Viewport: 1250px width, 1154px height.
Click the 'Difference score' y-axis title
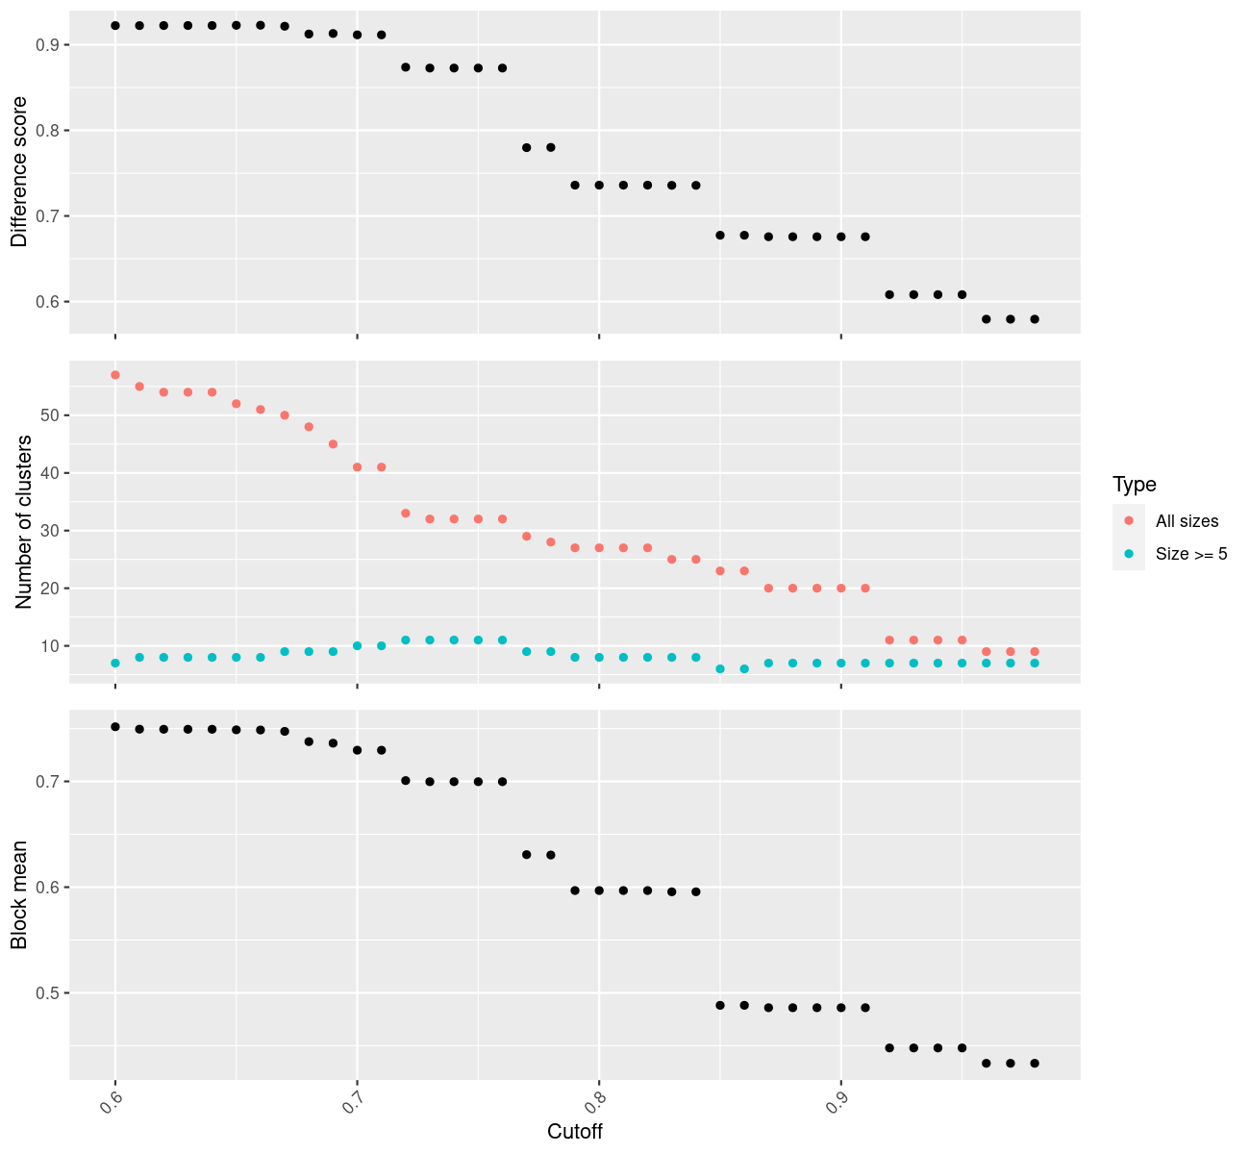[x=19, y=172]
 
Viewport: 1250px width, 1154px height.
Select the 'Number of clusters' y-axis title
[x=24, y=522]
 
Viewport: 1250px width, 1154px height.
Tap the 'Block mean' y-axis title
[x=19, y=895]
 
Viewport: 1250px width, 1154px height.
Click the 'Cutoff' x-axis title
[x=575, y=1132]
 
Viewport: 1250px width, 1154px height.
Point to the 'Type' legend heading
[x=1135, y=484]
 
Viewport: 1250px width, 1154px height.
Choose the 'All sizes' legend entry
[x=1187, y=521]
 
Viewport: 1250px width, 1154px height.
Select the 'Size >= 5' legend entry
[x=1191, y=554]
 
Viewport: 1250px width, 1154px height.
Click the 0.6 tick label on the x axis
[x=108, y=1101]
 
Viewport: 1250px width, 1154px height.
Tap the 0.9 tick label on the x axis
[x=834, y=1101]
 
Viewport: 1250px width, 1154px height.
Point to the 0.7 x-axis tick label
[x=349, y=1101]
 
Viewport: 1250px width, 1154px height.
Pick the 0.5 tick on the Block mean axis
[x=47, y=992]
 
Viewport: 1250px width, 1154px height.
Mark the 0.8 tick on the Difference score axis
[x=47, y=130]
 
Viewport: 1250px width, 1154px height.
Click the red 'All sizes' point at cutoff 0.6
[x=115, y=375]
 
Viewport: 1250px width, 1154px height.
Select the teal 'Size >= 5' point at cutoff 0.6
[x=115, y=663]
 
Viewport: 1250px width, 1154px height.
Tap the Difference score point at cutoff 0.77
[x=527, y=147]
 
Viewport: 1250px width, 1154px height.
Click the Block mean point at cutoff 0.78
[x=551, y=855]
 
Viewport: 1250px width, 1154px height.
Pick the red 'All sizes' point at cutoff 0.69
[x=333, y=444]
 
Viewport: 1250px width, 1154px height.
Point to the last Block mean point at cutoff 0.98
[x=1035, y=1063]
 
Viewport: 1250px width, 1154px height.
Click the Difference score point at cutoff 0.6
[x=115, y=25]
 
